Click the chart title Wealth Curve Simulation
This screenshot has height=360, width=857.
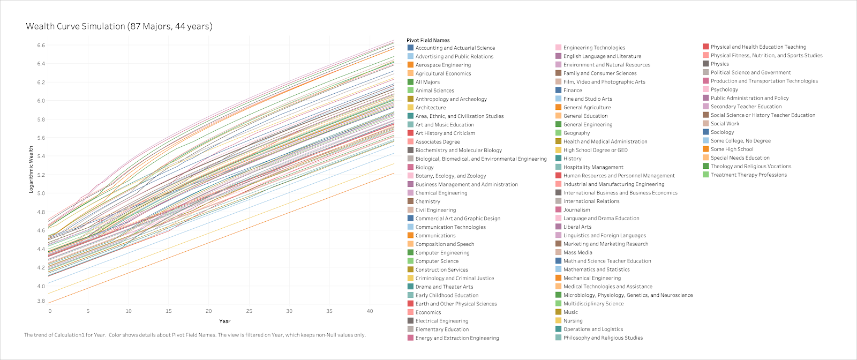tap(119, 26)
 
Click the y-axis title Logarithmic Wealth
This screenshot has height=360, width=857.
tap(31, 169)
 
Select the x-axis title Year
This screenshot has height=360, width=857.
tap(225, 321)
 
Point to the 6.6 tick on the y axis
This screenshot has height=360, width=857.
tap(41, 45)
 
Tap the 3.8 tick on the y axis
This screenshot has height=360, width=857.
tap(41, 301)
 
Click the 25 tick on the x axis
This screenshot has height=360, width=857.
tap(249, 311)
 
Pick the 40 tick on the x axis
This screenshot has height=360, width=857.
tap(370, 311)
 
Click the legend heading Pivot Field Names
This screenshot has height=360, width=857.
tap(428, 40)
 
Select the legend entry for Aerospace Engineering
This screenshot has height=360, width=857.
tap(443, 65)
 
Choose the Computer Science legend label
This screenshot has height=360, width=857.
tap(437, 261)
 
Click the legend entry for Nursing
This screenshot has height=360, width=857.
tap(573, 321)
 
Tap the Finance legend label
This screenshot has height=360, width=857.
tap(573, 91)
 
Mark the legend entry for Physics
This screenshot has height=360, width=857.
tap(720, 64)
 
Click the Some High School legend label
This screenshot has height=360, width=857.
tap(732, 149)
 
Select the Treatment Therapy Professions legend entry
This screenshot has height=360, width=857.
tap(749, 175)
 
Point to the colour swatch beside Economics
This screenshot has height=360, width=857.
tap(410, 312)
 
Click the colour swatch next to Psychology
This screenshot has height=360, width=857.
tap(706, 89)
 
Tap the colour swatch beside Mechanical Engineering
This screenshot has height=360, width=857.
tap(559, 278)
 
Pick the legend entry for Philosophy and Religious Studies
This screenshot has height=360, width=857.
tap(603, 338)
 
